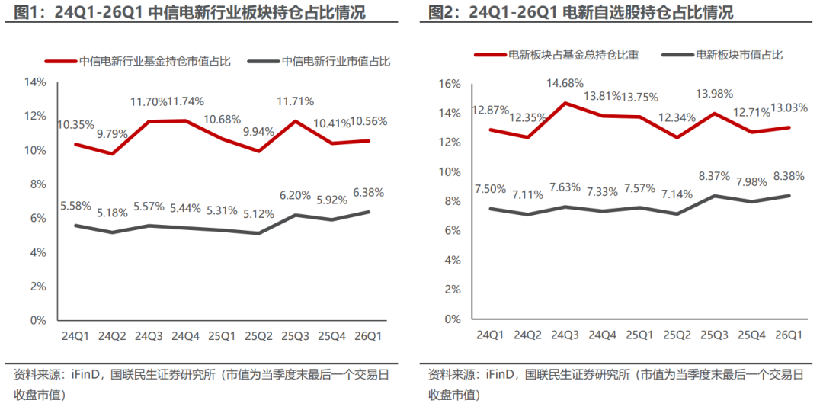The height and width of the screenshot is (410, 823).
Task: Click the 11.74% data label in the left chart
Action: (x=185, y=101)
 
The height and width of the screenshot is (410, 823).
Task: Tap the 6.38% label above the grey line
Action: (x=369, y=193)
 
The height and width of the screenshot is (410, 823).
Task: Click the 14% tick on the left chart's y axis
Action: (x=36, y=82)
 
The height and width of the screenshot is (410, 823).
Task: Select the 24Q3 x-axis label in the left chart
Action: (x=150, y=335)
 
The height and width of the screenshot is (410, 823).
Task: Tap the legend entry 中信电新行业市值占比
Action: (x=336, y=62)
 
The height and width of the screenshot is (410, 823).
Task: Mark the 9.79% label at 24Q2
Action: (x=113, y=134)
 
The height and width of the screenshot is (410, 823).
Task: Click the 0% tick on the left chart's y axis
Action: (x=38, y=320)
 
